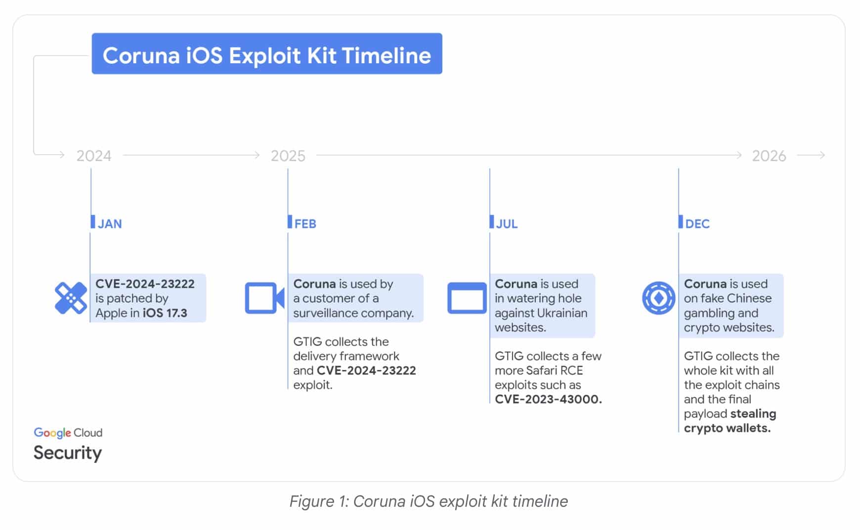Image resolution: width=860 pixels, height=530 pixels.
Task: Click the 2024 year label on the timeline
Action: click(x=94, y=156)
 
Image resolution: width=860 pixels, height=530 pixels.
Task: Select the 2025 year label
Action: click(x=288, y=156)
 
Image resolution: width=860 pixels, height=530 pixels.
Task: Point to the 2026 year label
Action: click(x=769, y=156)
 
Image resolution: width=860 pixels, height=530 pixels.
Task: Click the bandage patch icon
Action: click(x=71, y=298)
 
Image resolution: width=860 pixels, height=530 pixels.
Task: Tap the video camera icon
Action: click(x=264, y=298)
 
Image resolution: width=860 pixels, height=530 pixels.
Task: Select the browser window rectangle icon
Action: click(x=467, y=298)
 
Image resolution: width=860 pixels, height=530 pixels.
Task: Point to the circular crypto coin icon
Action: click(x=658, y=298)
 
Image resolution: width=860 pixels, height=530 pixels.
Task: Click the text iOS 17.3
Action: click(x=165, y=313)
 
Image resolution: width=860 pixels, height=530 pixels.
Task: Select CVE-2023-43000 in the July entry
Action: click(x=548, y=399)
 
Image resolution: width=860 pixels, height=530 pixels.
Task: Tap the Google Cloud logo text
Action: click(x=68, y=433)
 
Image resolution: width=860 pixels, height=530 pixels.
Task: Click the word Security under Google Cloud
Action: click(x=68, y=453)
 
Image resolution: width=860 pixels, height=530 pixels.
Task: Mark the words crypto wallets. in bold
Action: click(x=727, y=428)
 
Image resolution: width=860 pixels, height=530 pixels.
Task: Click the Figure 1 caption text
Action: click(x=429, y=501)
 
